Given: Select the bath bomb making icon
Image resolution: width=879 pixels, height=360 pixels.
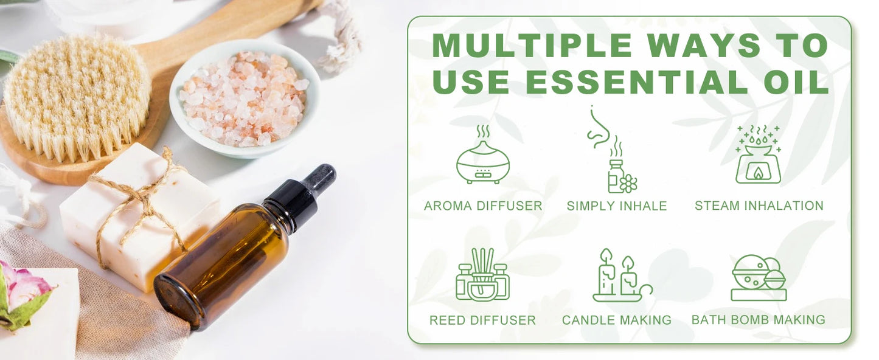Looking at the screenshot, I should [759, 278].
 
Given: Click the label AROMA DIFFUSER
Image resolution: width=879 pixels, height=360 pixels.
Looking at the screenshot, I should [483, 206].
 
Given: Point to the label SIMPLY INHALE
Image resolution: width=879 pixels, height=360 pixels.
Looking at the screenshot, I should [617, 206].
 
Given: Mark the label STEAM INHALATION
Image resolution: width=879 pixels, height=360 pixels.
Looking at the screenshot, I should [759, 206].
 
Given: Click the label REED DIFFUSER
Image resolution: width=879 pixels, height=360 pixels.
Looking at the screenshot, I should [482, 320].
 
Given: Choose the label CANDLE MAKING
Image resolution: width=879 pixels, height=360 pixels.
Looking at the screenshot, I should [617, 320].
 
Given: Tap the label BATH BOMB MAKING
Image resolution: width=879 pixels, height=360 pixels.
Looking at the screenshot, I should [759, 320].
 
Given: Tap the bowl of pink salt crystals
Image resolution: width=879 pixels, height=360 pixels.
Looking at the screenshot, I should [243, 97].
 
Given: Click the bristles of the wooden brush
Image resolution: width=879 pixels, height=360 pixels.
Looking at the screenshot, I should [76, 97].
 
